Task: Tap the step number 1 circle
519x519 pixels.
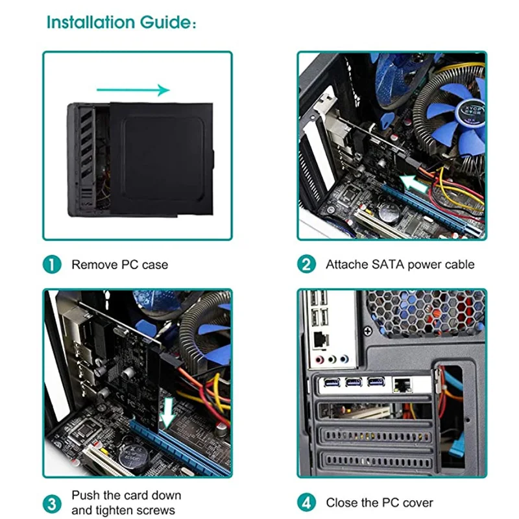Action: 53,264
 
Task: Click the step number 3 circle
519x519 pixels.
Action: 53,503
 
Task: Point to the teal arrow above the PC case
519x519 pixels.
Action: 133,90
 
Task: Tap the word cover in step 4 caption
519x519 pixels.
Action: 416,503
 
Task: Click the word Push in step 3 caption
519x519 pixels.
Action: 85,495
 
